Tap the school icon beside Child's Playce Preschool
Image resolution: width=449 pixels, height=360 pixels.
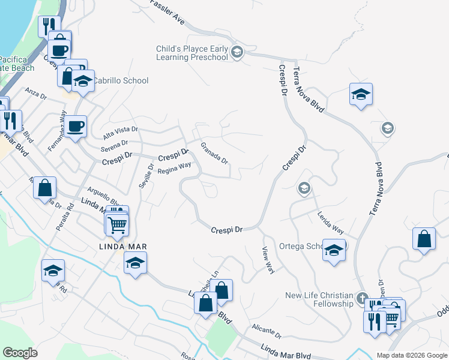click(x=237, y=52)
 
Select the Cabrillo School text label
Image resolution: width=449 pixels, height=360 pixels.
click(x=123, y=80)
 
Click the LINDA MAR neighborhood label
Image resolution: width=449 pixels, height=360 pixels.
click(x=123, y=247)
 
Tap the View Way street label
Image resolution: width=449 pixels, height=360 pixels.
click(x=268, y=260)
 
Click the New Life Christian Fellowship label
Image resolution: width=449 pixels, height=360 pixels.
click(x=319, y=299)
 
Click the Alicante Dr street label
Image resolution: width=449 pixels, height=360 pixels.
click(x=267, y=330)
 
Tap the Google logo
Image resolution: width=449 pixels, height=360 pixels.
click(x=20, y=353)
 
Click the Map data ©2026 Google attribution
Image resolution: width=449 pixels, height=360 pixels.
click(x=412, y=355)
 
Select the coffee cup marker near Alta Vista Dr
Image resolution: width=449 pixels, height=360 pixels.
click(x=76, y=127)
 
